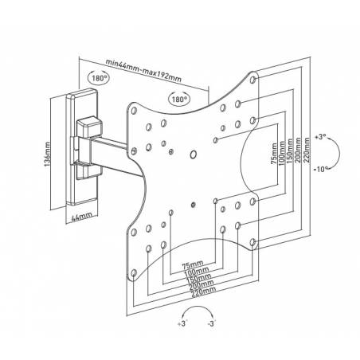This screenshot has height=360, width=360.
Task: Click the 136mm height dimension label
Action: (x=47, y=155)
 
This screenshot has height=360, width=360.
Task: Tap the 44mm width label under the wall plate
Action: (x=82, y=217)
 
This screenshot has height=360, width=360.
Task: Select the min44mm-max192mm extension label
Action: (x=143, y=71)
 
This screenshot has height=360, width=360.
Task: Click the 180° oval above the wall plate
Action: (x=98, y=78)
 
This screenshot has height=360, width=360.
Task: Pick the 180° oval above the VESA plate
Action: (x=179, y=99)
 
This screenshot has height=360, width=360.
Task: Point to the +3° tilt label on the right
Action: (x=320, y=137)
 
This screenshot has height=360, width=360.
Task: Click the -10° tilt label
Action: (x=321, y=169)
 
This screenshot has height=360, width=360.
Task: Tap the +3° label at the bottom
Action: (x=182, y=323)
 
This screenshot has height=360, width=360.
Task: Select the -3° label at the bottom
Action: (x=212, y=323)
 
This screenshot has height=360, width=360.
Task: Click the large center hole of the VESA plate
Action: (x=194, y=155)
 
